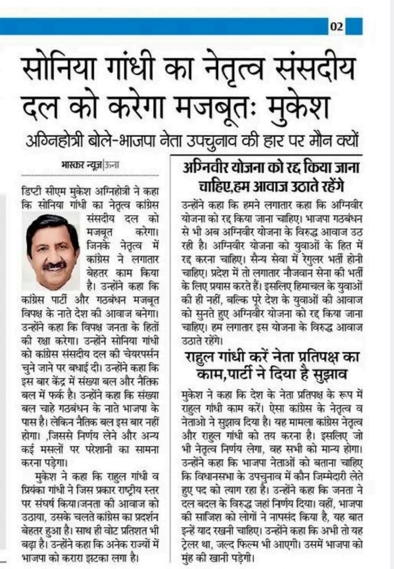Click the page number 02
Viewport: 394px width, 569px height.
(x=337, y=27)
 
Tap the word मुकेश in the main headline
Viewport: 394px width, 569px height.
(x=297, y=106)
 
